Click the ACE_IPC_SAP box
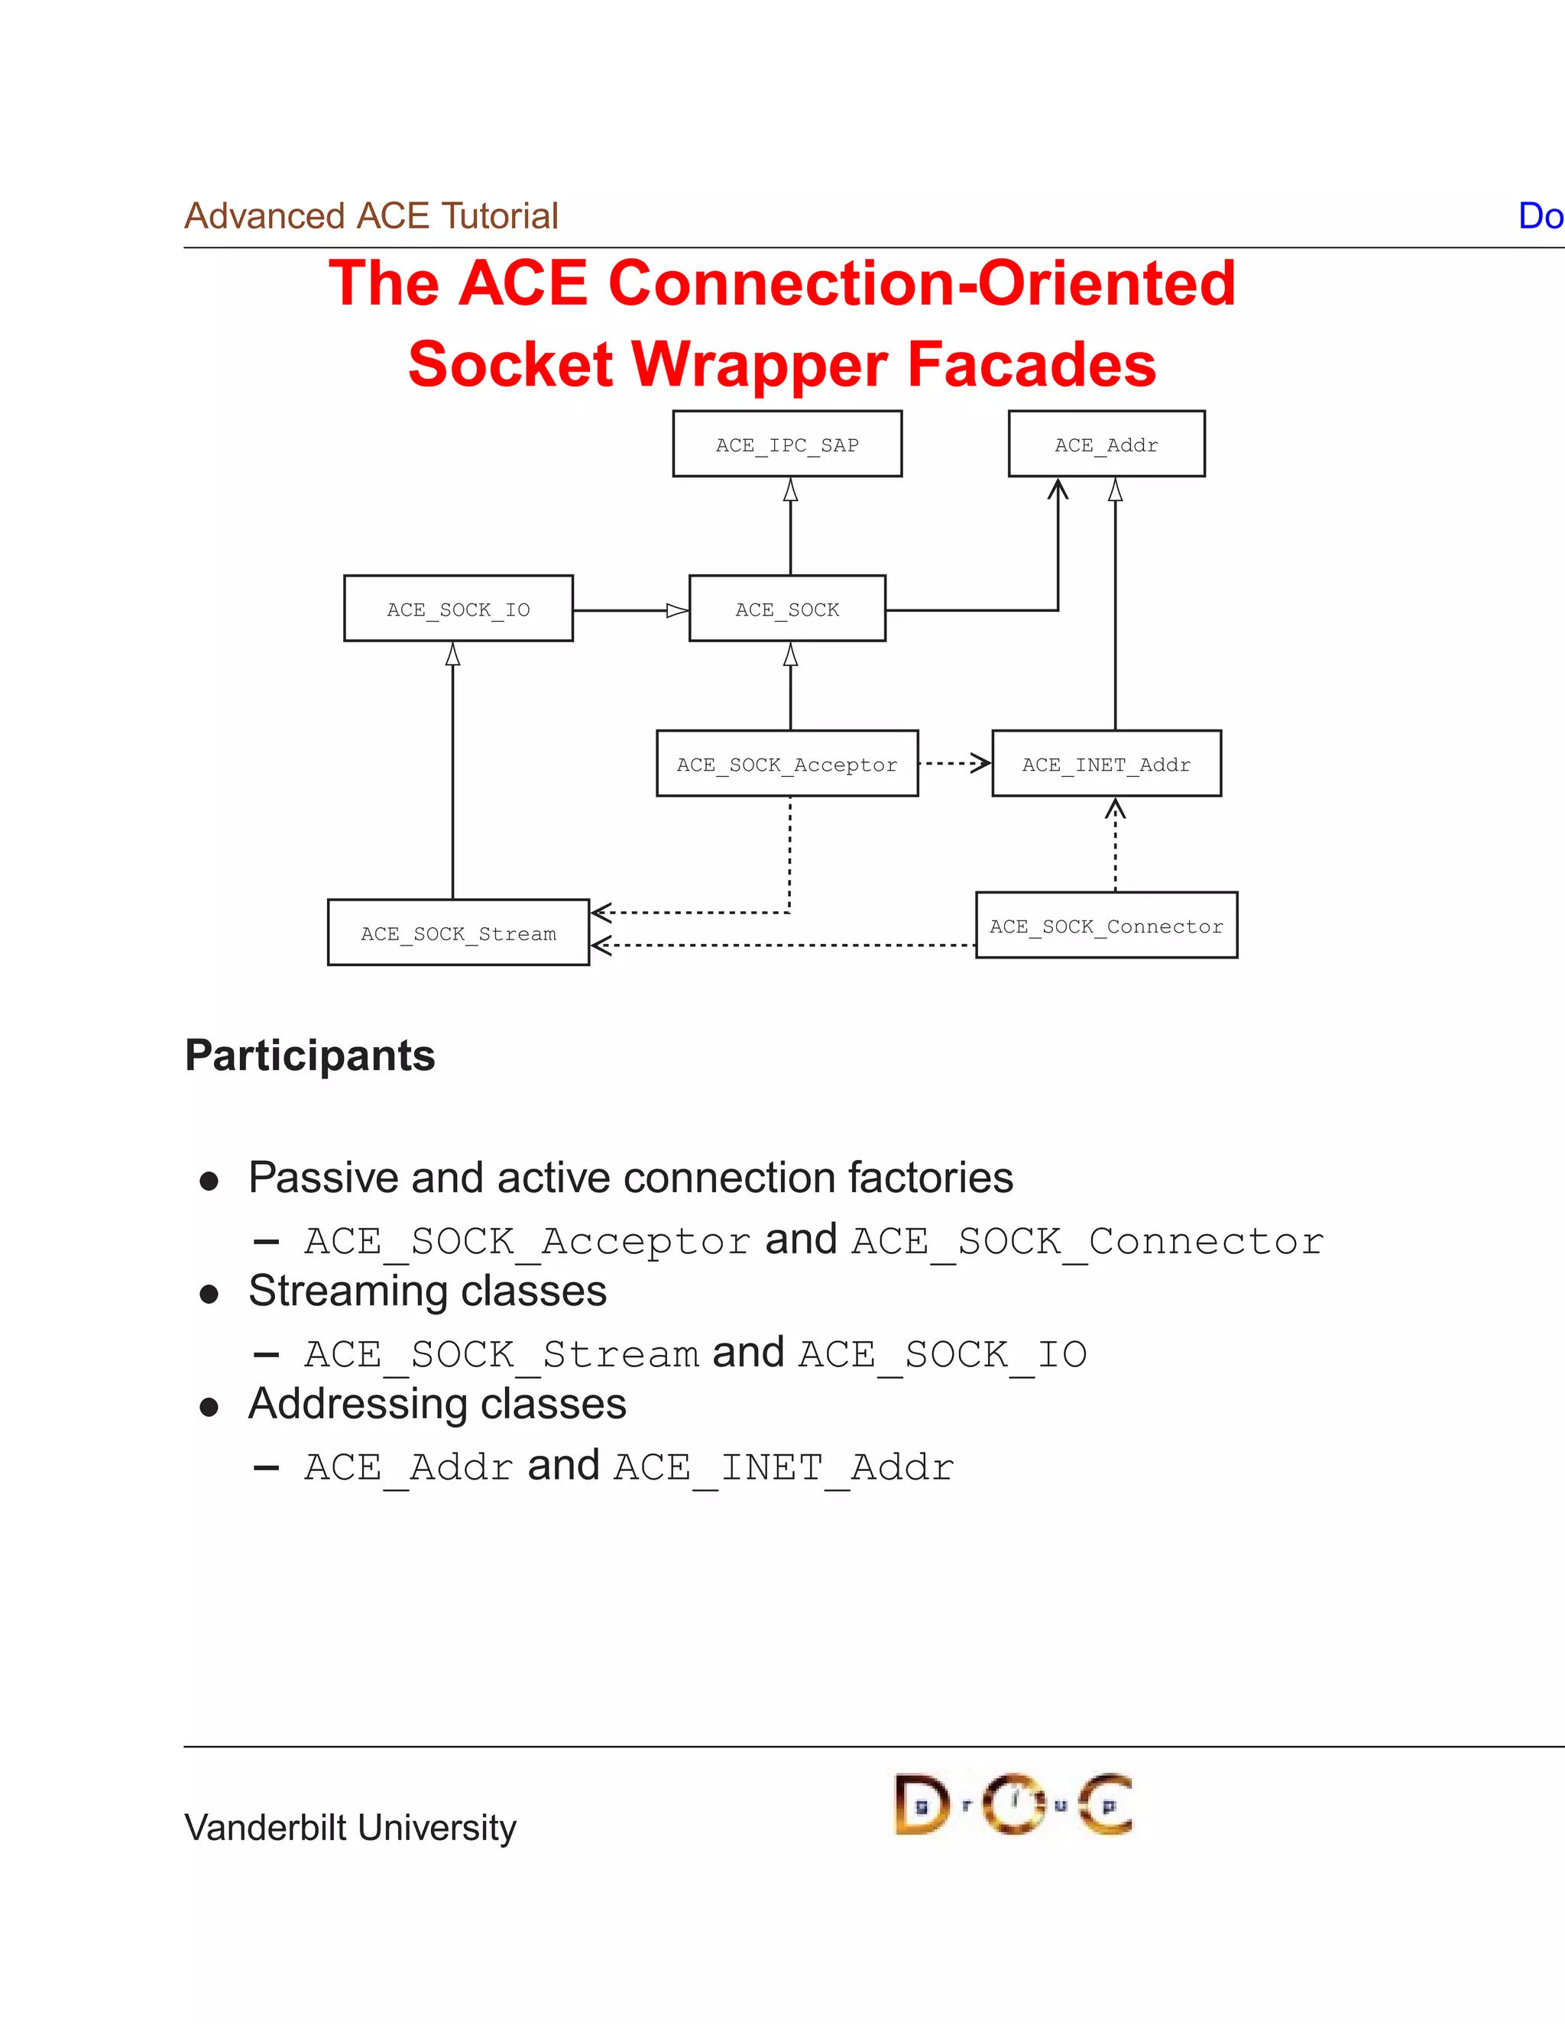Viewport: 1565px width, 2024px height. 787,444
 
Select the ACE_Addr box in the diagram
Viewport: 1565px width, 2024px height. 1106,444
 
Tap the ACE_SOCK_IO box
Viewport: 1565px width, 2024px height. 458,609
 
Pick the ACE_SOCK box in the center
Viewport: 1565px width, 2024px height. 787,609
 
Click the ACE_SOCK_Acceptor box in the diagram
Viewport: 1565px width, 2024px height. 787,764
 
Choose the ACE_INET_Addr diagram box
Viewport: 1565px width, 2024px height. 1106,764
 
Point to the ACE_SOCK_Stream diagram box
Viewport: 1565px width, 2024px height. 458,933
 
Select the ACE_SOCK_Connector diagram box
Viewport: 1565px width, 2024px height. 1106,925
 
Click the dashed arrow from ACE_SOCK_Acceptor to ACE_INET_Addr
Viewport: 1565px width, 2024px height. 955,764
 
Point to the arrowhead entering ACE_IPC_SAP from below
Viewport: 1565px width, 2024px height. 791,490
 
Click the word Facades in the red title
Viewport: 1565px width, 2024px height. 1032,364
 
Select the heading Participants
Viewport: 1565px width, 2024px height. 309,1056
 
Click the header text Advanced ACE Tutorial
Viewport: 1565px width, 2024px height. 371,216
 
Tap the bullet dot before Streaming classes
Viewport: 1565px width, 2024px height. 209,1295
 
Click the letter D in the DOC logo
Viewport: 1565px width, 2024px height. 921,1804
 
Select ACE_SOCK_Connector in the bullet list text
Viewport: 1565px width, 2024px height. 1087,1242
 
